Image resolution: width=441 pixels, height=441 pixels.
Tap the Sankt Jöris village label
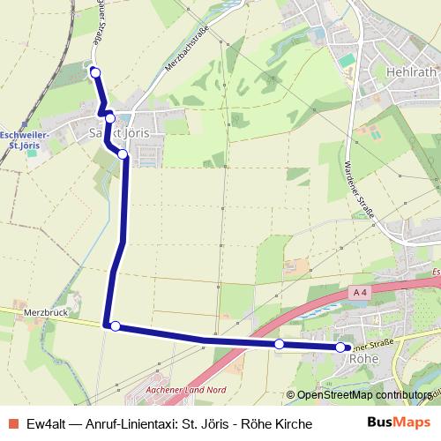[115, 132]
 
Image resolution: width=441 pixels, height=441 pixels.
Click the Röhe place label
[364, 359]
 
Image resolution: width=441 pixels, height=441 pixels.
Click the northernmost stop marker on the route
[95, 72]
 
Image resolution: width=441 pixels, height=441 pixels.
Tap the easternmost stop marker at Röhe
[340, 348]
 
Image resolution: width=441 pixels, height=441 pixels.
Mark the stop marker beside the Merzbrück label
[115, 326]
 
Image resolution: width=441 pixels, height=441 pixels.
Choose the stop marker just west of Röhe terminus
[280, 344]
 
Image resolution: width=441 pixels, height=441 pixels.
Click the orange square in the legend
[11, 424]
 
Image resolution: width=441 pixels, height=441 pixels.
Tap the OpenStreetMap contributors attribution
[363, 396]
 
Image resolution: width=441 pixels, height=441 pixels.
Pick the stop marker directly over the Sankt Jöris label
[110, 118]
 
